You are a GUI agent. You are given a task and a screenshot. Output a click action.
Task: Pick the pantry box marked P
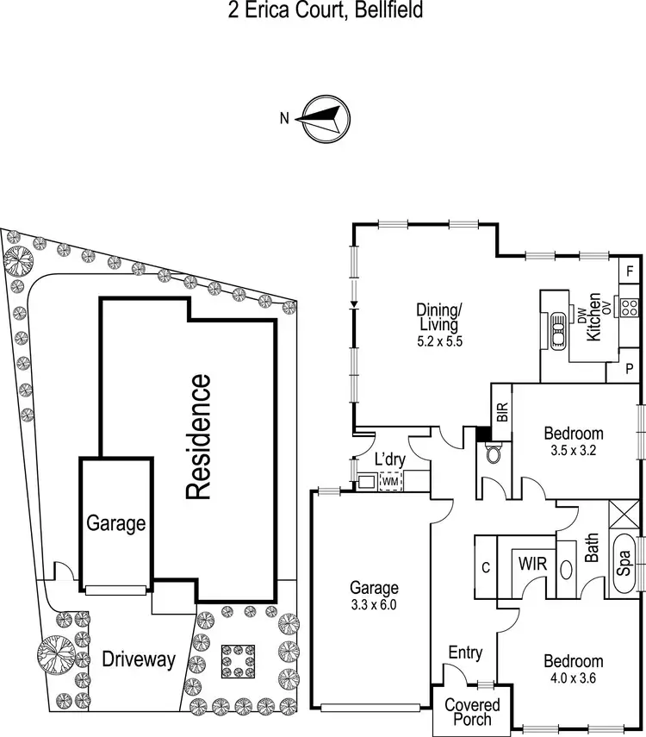630,369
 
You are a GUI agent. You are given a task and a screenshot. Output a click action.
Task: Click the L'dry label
384,458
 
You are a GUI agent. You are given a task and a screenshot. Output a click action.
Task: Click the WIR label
530,565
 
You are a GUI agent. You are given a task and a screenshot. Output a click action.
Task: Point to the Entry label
465,653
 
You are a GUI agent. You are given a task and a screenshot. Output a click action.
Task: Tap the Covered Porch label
469,712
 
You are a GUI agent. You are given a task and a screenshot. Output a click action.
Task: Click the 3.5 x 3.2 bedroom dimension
571,450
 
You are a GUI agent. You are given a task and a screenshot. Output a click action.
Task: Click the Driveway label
139,661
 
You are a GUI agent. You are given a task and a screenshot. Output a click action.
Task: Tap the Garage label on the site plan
116,522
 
